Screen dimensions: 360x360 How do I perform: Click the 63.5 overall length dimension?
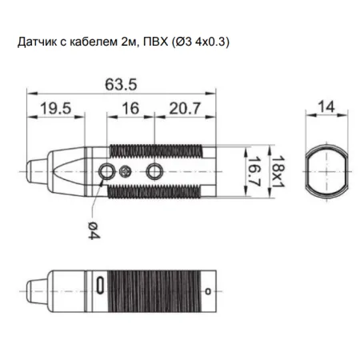[121, 85]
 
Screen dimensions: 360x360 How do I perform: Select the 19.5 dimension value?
[56, 108]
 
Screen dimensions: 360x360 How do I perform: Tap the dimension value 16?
[130, 108]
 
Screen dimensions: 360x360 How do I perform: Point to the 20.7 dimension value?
[185, 108]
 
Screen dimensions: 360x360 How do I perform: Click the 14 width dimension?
[326, 106]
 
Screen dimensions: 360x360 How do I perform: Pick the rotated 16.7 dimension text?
[254, 171]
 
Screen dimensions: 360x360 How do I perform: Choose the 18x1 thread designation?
[278, 171]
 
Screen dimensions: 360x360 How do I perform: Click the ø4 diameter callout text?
[94, 230]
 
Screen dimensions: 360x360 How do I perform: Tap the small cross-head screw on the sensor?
[125, 171]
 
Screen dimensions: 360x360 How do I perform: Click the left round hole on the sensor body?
[106, 171]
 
